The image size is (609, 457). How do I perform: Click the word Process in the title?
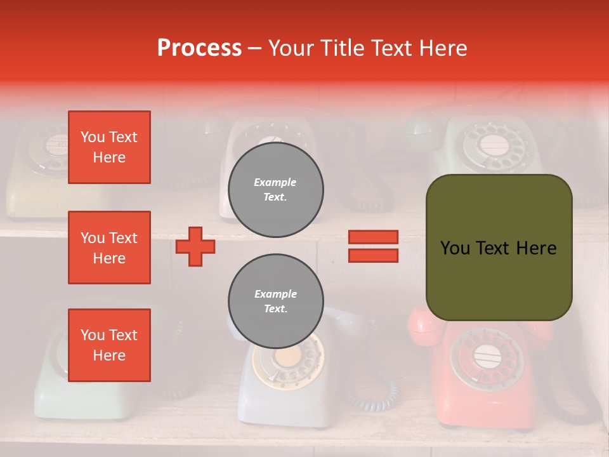[199, 48]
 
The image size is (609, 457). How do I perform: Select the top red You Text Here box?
[109, 147]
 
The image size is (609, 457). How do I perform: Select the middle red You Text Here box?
[109, 248]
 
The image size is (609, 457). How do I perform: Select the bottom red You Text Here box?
[109, 345]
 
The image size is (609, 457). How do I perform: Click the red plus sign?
[195, 246]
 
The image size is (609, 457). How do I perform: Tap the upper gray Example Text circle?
[275, 190]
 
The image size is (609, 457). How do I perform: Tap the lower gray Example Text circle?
[275, 301]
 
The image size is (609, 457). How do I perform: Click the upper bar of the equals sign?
[373, 237]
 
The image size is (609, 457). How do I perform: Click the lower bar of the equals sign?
[373, 255]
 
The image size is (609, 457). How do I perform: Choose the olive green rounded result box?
[499, 248]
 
